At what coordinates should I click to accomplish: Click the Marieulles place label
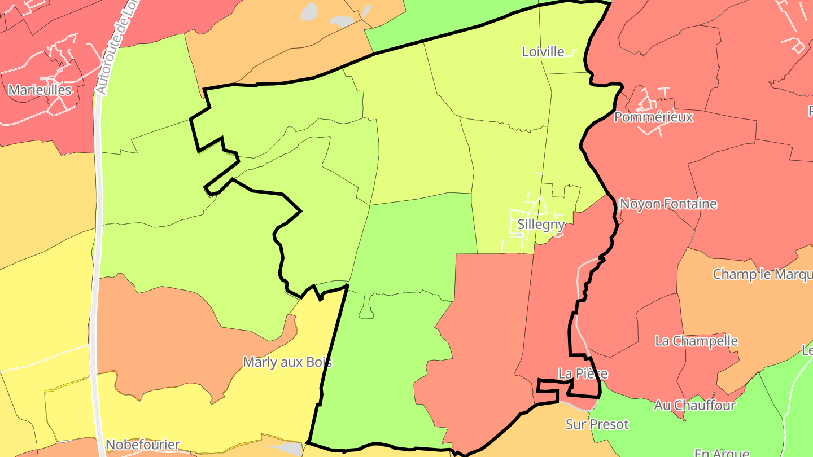41,90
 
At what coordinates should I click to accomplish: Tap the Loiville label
543,52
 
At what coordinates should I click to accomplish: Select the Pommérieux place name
653,117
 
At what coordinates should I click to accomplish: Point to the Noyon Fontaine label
668,204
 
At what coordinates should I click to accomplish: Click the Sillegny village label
541,225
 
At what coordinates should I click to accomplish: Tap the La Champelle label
697,341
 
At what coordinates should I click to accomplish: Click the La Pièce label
583,373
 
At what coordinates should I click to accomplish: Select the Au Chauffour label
695,405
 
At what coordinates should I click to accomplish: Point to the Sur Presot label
597,424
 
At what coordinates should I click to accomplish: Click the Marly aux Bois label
287,362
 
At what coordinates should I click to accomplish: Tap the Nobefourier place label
143,445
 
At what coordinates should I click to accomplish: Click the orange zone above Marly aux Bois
169,333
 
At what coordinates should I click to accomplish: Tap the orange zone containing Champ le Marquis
734,305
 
